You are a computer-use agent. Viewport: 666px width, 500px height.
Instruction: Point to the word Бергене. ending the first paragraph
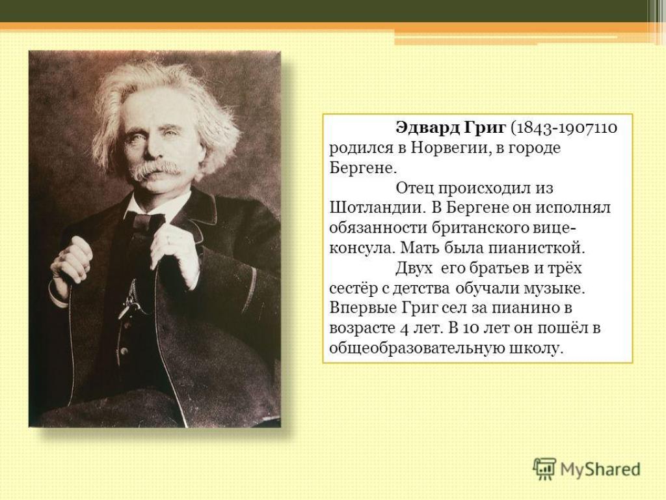(x=363, y=169)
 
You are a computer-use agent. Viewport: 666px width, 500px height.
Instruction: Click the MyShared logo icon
(x=544, y=469)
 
